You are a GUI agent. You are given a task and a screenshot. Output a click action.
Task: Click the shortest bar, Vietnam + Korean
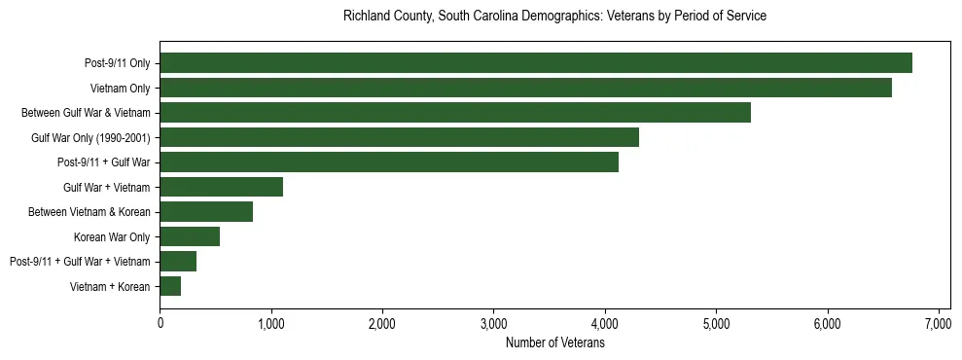click(170, 286)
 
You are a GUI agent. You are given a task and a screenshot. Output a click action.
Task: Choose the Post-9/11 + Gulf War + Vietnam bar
click(178, 261)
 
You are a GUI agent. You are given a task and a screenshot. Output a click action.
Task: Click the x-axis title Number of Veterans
click(554, 343)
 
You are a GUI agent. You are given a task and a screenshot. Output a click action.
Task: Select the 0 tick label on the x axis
click(160, 324)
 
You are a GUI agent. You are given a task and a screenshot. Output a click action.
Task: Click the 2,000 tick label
click(382, 324)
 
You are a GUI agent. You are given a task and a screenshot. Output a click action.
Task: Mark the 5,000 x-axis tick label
click(716, 324)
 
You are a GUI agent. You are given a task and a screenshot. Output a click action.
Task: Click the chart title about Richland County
click(554, 17)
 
